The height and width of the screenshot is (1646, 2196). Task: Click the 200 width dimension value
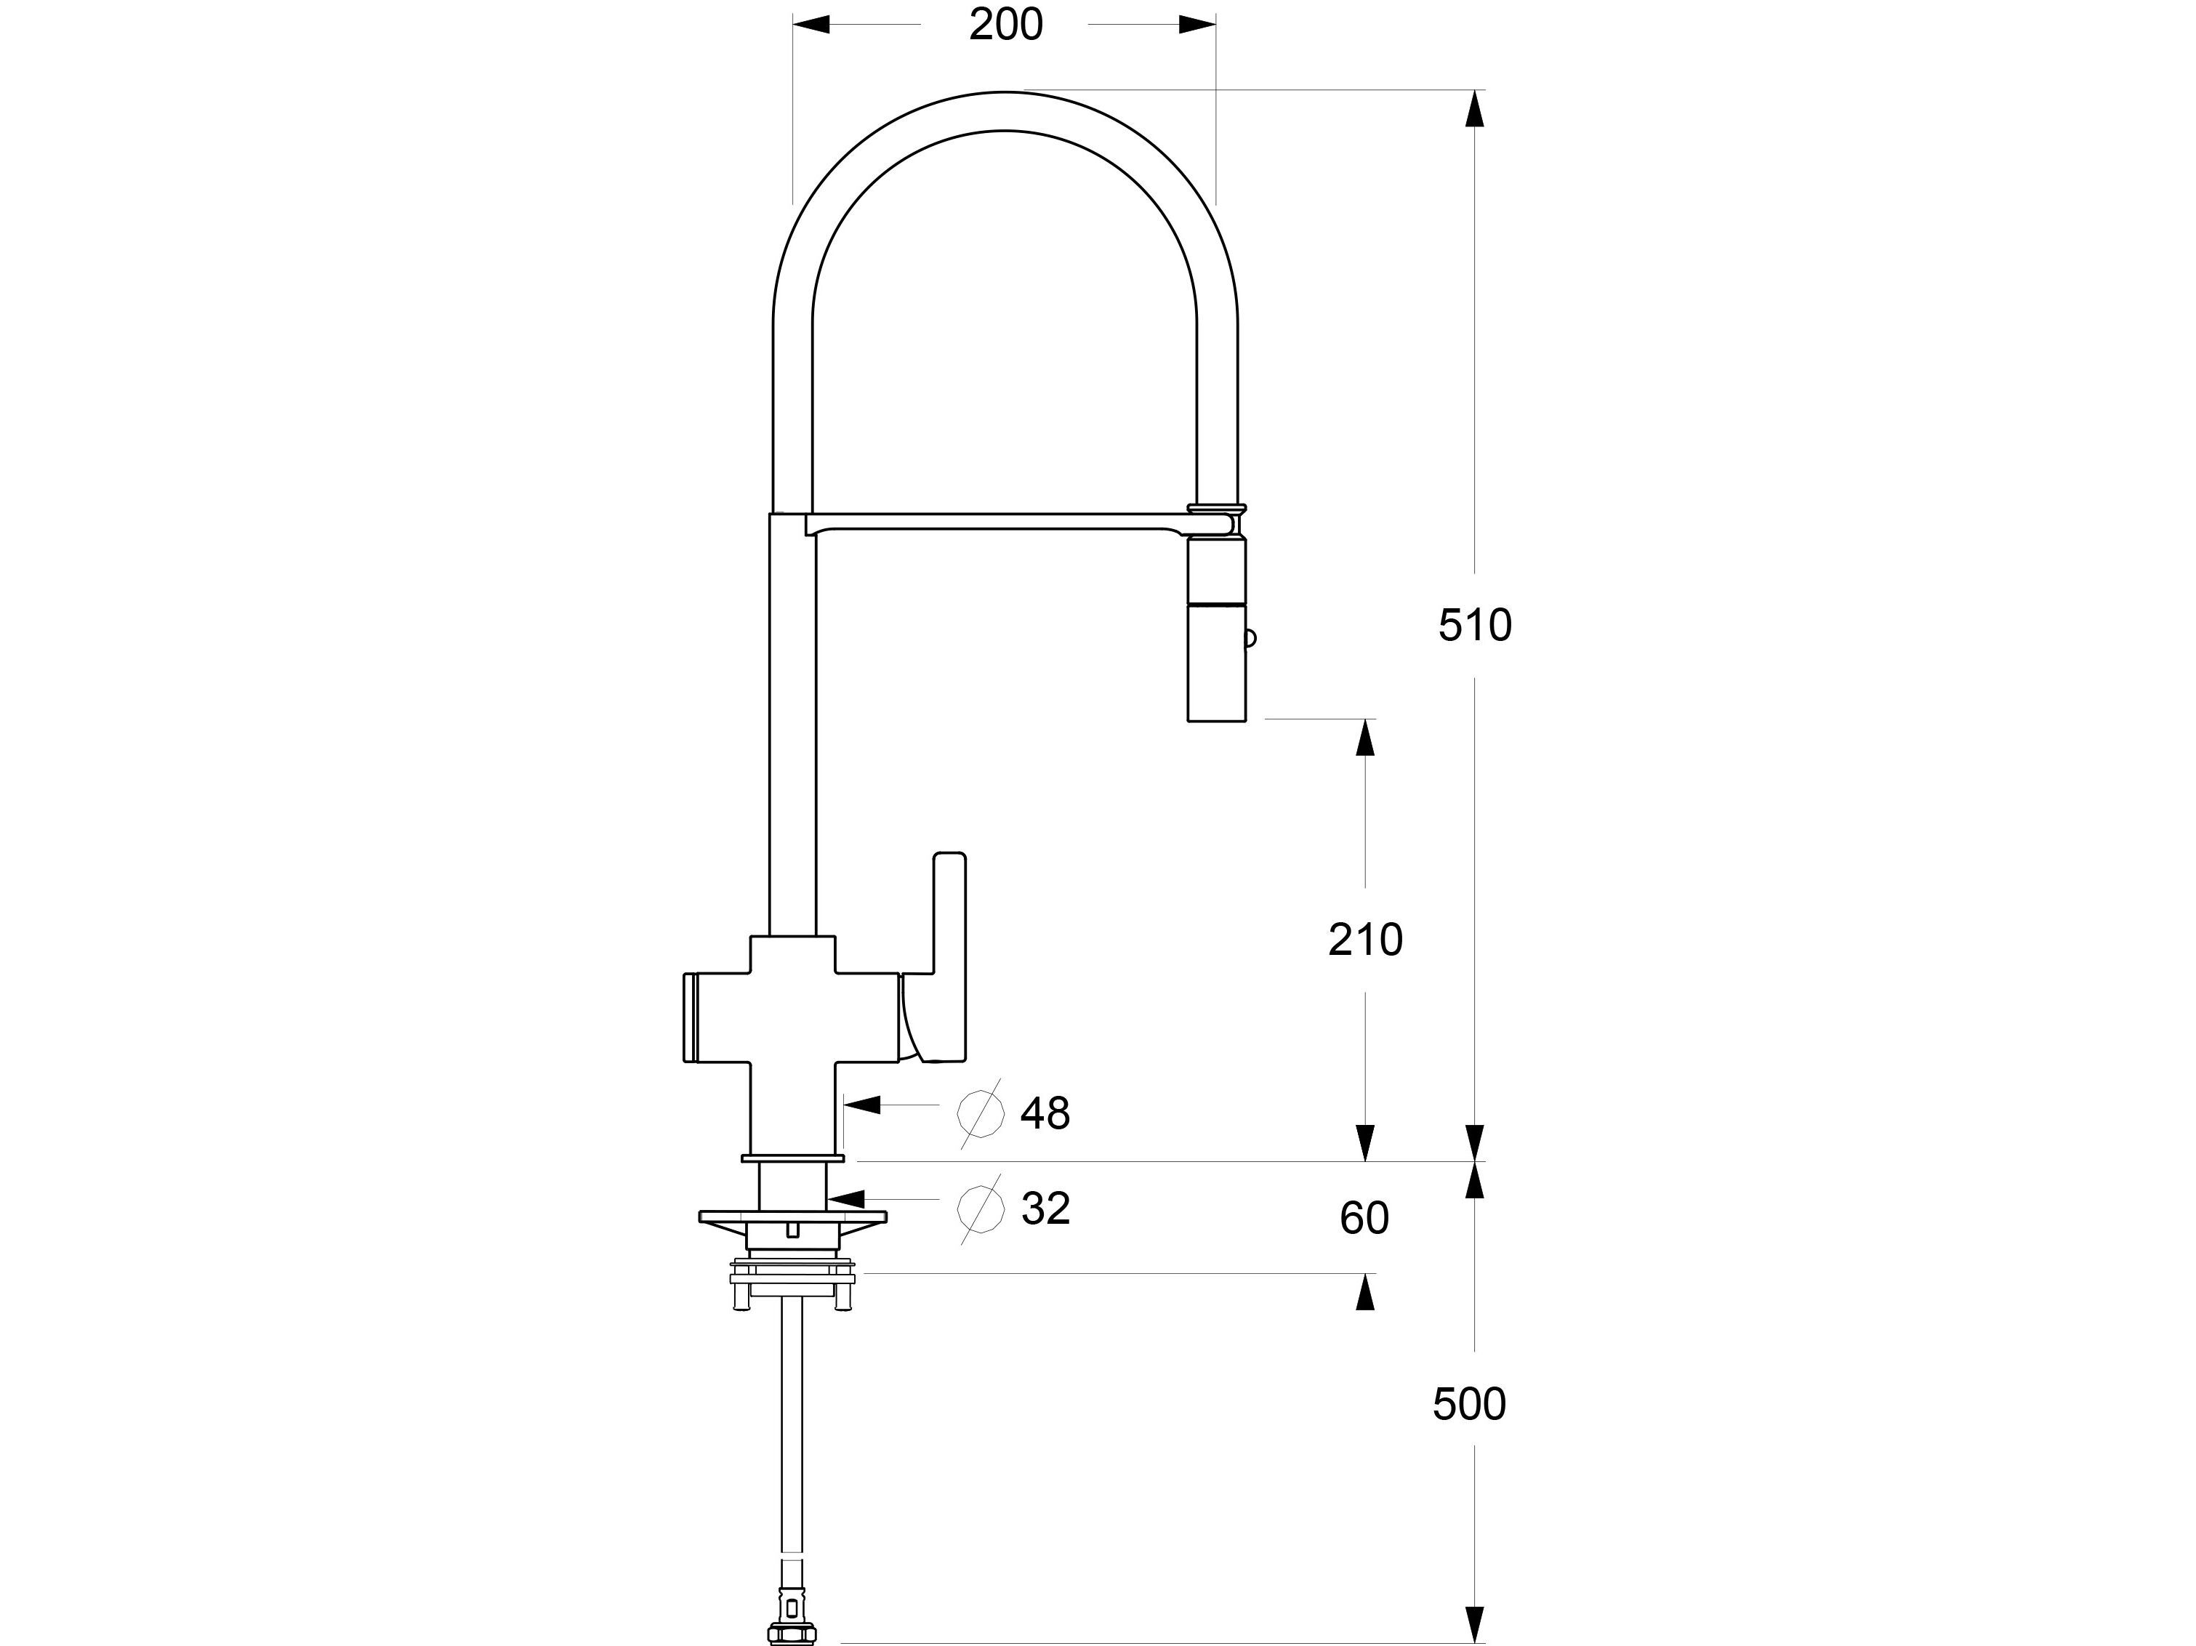click(1005, 25)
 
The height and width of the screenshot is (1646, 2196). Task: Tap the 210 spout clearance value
click(1365, 939)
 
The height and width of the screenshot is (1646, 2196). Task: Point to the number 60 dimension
click(1364, 1217)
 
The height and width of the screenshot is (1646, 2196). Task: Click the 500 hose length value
click(1469, 1405)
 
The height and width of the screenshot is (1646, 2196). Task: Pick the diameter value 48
click(1045, 1114)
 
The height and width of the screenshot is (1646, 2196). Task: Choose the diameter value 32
click(1045, 1209)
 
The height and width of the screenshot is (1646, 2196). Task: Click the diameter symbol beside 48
click(980, 1114)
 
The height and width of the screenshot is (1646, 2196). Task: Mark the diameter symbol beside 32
click(980, 1209)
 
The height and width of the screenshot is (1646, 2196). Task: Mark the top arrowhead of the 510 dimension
click(1475, 108)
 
